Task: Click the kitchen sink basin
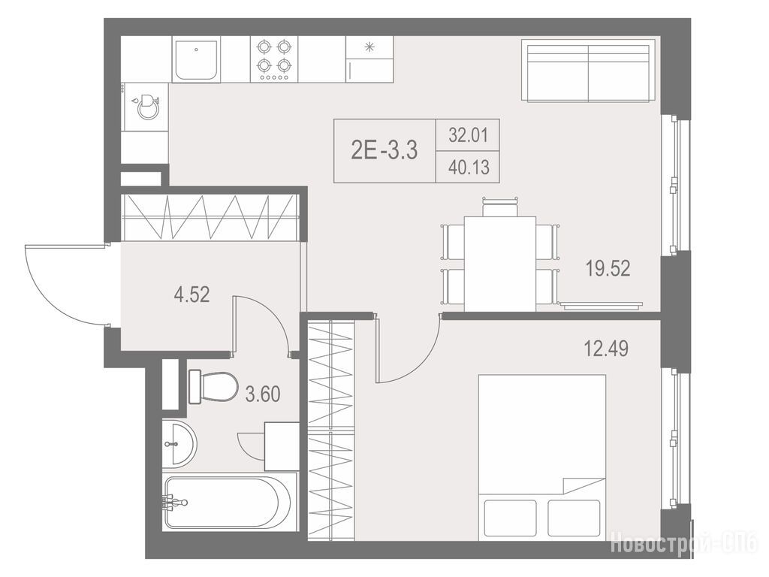pos(196,60)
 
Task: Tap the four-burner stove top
pos(273,59)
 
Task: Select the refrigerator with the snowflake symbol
pos(369,59)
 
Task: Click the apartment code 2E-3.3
pos(384,150)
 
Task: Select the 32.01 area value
pos(469,134)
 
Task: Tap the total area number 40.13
pos(469,168)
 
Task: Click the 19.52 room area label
pos(608,268)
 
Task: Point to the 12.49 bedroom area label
pos(606,349)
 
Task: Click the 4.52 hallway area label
pos(191,295)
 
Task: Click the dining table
pos(499,264)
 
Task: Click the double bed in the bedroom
pos(542,458)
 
